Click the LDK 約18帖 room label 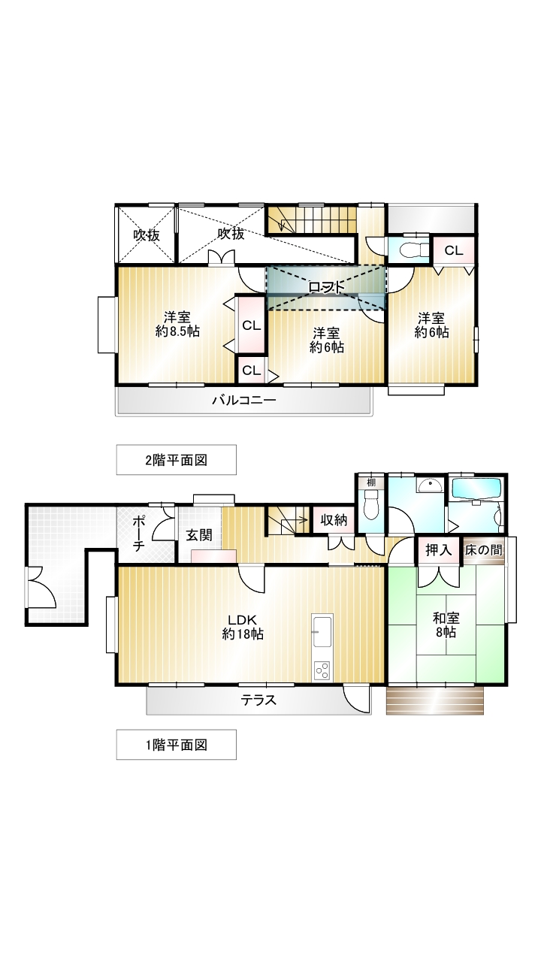pos(243,627)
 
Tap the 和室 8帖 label pos(446,625)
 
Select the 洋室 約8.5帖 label pos(177,324)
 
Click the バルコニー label pos(244,401)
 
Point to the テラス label pos(258,700)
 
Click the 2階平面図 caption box pos(177,460)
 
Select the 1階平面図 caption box pos(177,745)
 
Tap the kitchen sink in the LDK pos(322,631)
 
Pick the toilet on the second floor pos(410,250)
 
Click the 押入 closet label pos(439,550)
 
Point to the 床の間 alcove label pos(484,549)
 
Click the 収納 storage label pos(334,520)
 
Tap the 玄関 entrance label pos(199,535)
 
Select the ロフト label pos(327,287)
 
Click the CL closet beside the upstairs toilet pos(454,250)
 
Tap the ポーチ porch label pos(138,534)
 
